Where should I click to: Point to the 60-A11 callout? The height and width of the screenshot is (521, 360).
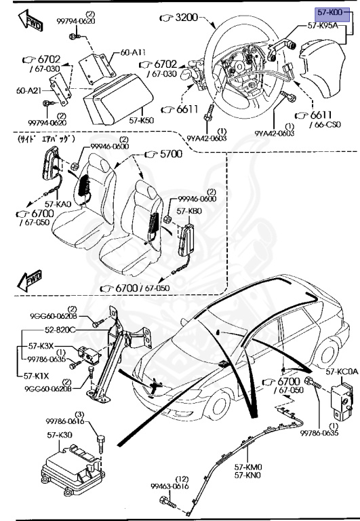pos(113,51)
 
